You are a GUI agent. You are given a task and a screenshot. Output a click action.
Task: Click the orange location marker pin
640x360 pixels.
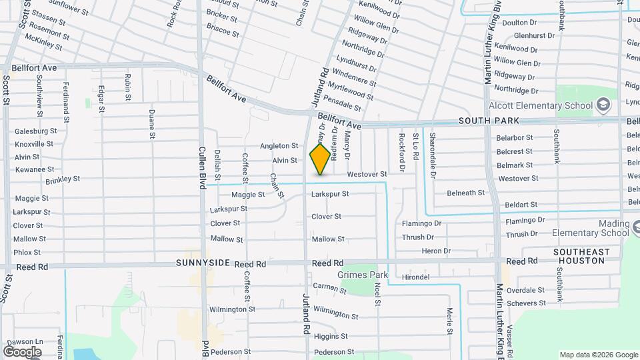pyautogui.click(x=320, y=159)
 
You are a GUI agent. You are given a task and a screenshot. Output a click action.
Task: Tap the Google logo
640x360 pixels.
pyautogui.click(x=22, y=351)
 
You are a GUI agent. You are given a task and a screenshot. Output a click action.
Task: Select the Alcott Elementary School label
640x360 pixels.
pyautogui.click(x=541, y=105)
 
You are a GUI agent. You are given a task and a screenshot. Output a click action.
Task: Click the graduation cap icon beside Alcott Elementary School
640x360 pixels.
pyautogui.click(x=603, y=105)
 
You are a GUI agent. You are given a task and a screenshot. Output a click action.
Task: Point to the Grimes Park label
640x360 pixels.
pyautogui.click(x=363, y=275)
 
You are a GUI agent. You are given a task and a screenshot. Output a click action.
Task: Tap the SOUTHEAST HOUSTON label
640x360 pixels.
pyautogui.click(x=581, y=256)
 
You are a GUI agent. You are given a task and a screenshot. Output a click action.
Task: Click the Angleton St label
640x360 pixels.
pyautogui.click(x=279, y=145)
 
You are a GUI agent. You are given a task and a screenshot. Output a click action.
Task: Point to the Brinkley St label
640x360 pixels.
pyautogui.click(x=63, y=180)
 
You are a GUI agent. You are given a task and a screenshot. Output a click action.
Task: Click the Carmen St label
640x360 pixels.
pyautogui.click(x=329, y=287)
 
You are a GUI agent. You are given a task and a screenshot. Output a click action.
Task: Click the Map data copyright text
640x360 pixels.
pyautogui.click(x=597, y=355)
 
